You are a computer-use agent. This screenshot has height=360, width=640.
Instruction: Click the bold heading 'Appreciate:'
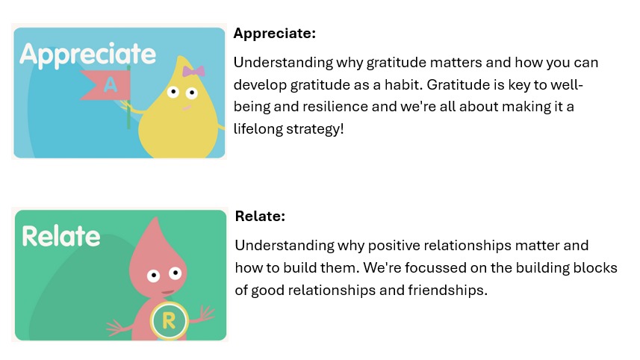pos(275,34)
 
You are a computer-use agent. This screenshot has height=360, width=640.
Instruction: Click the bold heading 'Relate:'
pos(260,216)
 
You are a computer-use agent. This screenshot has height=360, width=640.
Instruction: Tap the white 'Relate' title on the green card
pos(61,236)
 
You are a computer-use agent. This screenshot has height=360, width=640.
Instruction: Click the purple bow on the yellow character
pos(193,72)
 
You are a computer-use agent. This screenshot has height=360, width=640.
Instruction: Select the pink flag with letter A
pos(107,85)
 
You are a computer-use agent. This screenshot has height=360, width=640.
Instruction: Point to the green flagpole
pos(128,97)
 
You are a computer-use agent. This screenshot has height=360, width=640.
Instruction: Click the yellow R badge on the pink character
pos(169,321)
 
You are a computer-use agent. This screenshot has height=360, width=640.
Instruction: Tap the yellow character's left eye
pos(173,92)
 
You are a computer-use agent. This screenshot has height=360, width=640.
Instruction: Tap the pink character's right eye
pos(175,273)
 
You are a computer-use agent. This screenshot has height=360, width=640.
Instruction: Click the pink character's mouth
pos(167,292)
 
